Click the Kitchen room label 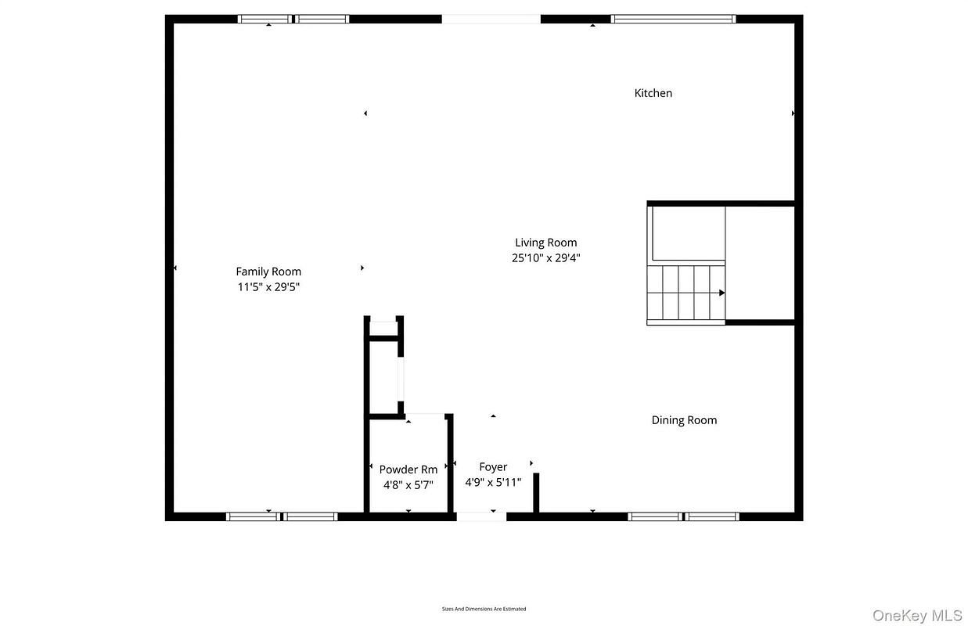click(x=653, y=93)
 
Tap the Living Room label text click(x=545, y=243)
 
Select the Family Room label click(x=268, y=272)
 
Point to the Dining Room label click(x=684, y=420)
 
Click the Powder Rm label click(x=408, y=469)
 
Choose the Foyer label click(x=493, y=467)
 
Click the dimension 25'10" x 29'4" click(x=545, y=258)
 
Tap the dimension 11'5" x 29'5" click(x=268, y=287)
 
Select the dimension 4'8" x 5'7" click(x=408, y=484)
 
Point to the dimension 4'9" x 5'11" click(x=493, y=482)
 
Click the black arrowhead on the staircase click(x=722, y=293)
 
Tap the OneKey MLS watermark click(x=917, y=615)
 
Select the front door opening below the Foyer click(x=481, y=516)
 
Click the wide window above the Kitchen click(x=673, y=19)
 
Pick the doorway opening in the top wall click(x=491, y=19)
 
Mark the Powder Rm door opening click(x=425, y=416)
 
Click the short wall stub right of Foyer click(x=536, y=493)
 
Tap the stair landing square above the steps click(x=689, y=234)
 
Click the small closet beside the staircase click(x=760, y=263)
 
